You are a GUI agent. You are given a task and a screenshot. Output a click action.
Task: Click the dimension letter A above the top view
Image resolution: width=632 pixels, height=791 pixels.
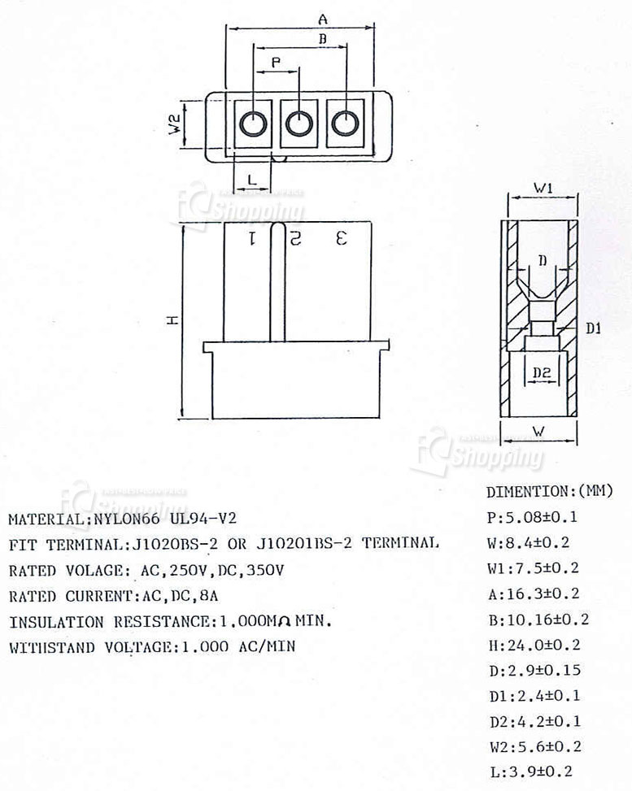click(323, 18)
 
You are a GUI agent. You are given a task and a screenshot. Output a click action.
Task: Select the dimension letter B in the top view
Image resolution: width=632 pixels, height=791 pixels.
click(322, 39)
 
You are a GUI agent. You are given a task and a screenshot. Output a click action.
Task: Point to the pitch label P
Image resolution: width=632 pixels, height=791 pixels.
click(276, 62)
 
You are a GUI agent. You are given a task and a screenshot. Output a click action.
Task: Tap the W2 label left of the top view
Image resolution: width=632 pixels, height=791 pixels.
click(174, 124)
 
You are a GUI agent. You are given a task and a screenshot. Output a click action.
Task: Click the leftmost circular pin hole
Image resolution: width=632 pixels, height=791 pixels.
click(253, 124)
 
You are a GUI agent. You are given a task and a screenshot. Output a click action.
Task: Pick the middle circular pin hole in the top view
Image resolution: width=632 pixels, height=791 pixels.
click(299, 124)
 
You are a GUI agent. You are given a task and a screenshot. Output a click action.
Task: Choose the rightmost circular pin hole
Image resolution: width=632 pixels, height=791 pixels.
click(346, 124)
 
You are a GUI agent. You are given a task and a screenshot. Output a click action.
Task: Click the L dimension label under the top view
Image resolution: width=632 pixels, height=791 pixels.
click(252, 179)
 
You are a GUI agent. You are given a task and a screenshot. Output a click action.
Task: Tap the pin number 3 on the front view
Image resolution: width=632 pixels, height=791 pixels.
click(342, 238)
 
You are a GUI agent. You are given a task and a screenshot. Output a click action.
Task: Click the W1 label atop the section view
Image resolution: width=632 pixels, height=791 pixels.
click(543, 188)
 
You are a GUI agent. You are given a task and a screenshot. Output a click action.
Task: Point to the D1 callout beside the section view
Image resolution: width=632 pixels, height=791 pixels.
click(593, 328)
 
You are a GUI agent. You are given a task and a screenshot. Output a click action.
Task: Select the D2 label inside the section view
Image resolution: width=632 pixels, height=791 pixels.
click(543, 372)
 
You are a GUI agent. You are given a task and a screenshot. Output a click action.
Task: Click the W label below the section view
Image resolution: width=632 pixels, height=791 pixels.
click(538, 429)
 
